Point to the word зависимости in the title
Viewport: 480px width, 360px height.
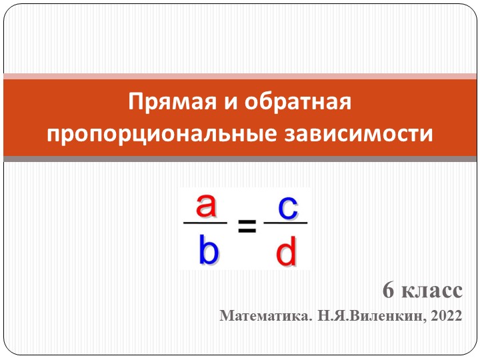click(356, 133)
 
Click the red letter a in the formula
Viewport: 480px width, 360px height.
click(206, 206)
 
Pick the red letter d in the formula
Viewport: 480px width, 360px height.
click(286, 253)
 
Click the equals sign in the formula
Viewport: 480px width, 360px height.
click(247, 229)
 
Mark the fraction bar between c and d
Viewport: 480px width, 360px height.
click(286, 224)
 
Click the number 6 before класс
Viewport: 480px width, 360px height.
click(388, 291)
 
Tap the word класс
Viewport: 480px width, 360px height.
click(430, 292)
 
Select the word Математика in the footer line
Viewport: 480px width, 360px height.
click(265, 317)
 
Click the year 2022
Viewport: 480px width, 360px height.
click(446, 317)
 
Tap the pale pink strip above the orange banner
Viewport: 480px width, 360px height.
click(240, 76)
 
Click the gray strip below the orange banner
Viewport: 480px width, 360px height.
click(240, 159)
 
